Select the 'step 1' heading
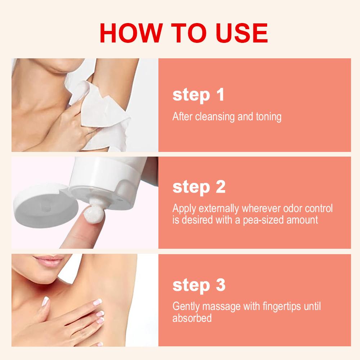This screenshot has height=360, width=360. click(x=198, y=95)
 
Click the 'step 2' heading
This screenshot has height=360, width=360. click(x=199, y=187)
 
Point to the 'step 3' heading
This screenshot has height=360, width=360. click(x=199, y=285)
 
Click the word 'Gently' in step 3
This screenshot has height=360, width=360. click(x=186, y=307)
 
